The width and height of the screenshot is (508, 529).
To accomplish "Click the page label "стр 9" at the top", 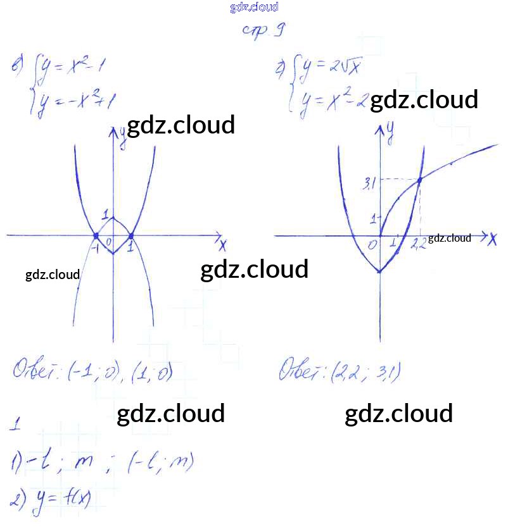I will [x=262, y=30].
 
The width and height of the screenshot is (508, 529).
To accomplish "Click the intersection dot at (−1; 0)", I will [x=96, y=235].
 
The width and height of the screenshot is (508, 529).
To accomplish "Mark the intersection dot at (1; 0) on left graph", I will [x=131, y=235].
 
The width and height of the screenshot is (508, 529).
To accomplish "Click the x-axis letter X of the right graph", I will [x=492, y=239].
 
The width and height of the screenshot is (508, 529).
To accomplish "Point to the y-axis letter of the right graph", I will [x=391, y=132].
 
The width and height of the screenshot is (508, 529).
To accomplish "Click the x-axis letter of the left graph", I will [x=222, y=244].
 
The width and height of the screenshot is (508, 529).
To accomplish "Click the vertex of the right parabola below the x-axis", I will [x=379, y=271].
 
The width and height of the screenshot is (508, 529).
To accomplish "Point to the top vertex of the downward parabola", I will [x=113, y=218].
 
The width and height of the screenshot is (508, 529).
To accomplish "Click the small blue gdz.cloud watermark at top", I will [x=254, y=8].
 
